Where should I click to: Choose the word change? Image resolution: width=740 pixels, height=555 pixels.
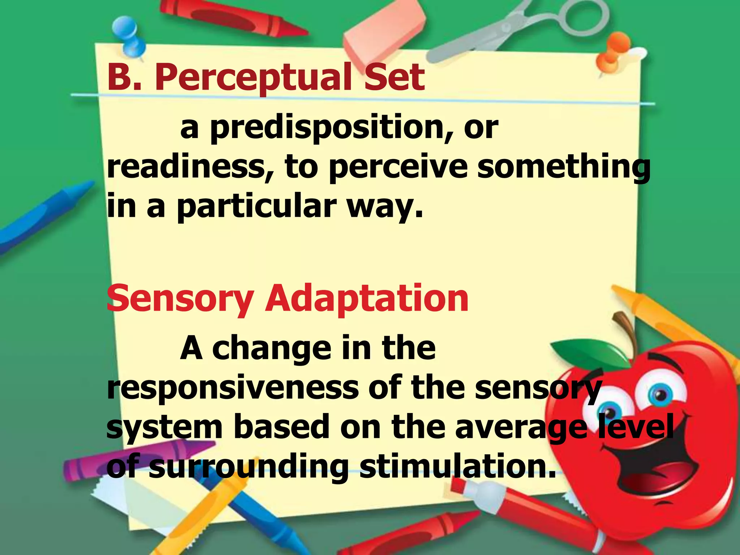tap(271, 349)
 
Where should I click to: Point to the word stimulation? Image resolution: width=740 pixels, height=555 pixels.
tap(457, 467)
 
